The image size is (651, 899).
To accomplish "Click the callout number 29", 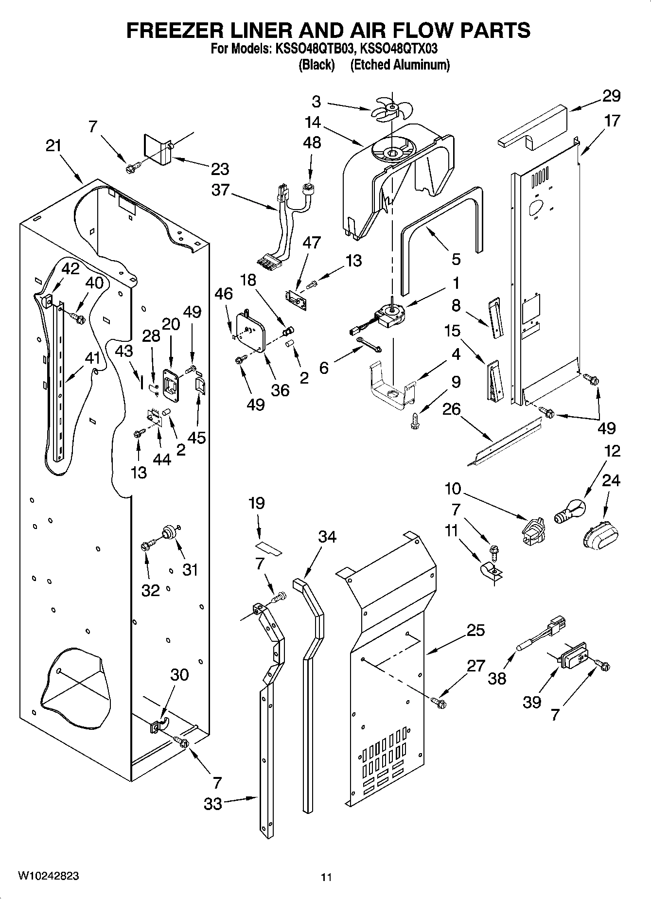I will [611, 96].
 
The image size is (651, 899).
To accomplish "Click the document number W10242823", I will [48, 876].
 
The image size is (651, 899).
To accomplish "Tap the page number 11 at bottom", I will [326, 877].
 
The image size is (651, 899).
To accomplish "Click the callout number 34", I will [327, 537].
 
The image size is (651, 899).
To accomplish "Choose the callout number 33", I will [213, 804].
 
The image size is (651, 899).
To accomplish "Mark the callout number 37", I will [220, 189].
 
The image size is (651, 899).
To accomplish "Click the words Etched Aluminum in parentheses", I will [400, 65].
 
